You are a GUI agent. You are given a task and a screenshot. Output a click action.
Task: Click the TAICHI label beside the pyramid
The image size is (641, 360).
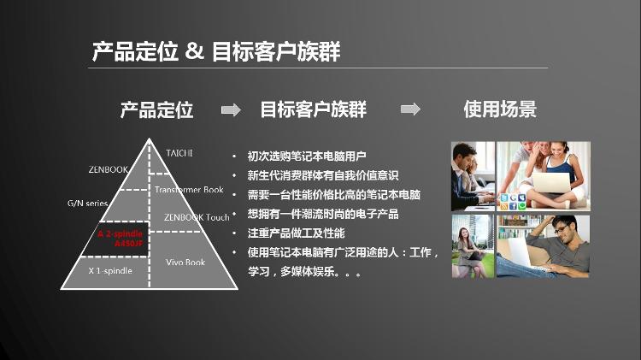coord(179,153)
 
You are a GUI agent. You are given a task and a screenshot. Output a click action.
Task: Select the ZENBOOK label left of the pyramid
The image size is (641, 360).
coord(109,169)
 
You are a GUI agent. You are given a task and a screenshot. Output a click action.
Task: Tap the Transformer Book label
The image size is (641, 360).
coord(189,190)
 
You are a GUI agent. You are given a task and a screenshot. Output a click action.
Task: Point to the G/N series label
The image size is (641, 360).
coord(87,203)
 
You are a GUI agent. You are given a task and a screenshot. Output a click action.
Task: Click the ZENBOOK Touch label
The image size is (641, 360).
coord(197,217)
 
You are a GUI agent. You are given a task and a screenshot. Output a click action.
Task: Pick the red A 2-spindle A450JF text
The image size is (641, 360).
coord(121,239)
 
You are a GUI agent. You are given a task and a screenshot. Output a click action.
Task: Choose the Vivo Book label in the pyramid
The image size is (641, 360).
coord(185,263)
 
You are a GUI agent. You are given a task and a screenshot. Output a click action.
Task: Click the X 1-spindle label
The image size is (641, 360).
coord(110,270)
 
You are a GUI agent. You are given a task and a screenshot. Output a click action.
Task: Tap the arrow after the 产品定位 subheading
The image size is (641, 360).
coord(231,109)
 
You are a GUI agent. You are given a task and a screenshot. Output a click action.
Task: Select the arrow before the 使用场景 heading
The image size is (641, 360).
coord(410,109)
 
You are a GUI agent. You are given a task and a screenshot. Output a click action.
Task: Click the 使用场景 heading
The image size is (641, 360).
coord(500,109)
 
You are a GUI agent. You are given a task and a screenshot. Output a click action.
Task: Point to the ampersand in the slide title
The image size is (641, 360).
coord(194,51)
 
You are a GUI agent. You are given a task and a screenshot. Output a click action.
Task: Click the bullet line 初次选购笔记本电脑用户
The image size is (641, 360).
coord(307,156)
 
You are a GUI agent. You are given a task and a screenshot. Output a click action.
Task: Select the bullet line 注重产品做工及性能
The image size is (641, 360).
coord(296,233)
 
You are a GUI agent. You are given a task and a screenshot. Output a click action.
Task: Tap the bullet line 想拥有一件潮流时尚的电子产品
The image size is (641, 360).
coord(322,214)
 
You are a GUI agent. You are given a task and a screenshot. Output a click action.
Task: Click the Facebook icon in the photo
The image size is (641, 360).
coord(513,206)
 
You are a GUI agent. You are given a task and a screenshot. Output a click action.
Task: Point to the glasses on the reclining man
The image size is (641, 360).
coord(562,228)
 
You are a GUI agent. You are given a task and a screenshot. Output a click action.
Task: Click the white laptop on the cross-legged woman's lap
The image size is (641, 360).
coord(550,183)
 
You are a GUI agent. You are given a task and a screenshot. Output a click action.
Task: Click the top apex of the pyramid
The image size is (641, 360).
coord(150,139)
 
